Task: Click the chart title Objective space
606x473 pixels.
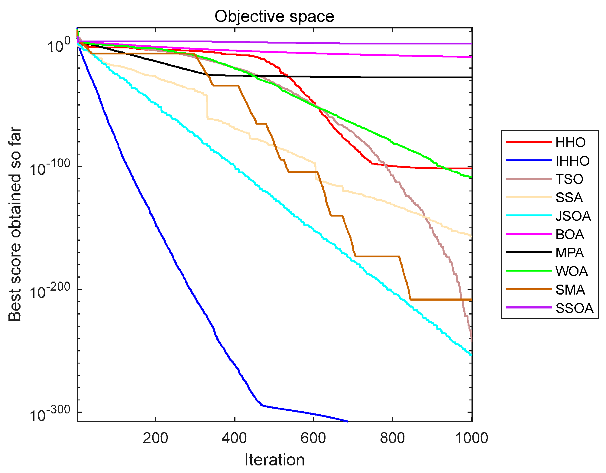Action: point(274,16)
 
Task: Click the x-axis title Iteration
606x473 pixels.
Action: point(274,460)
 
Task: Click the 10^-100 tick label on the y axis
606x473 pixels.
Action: point(50,167)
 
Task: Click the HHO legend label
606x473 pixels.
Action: point(570,142)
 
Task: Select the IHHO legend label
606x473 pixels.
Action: point(572,161)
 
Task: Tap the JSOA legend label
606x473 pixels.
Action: point(573,216)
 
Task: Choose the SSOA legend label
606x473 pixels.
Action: point(574,308)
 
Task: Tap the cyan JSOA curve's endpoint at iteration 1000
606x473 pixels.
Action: point(471,355)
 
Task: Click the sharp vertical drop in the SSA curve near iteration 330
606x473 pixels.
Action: point(207,107)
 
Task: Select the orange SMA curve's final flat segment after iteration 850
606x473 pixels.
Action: point(441,299)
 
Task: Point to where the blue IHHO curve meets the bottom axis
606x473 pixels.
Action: point(348,421)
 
